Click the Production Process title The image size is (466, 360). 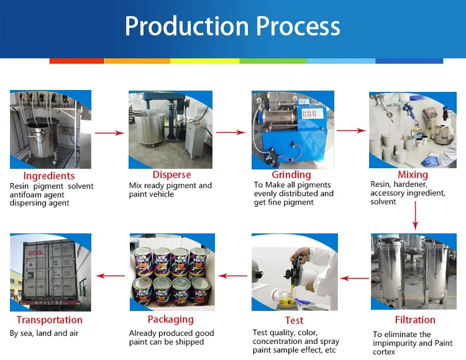(232, 27)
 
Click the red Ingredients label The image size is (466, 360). (49, 176)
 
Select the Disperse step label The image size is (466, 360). (171, 174)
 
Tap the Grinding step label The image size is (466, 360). (291, 174)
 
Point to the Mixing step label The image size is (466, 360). (413, 174)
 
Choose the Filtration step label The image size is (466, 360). (414, 320)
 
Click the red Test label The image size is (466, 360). (294, 320)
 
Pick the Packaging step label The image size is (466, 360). (170, 319)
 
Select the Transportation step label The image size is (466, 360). (50, 320)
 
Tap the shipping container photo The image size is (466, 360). (50, 272)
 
